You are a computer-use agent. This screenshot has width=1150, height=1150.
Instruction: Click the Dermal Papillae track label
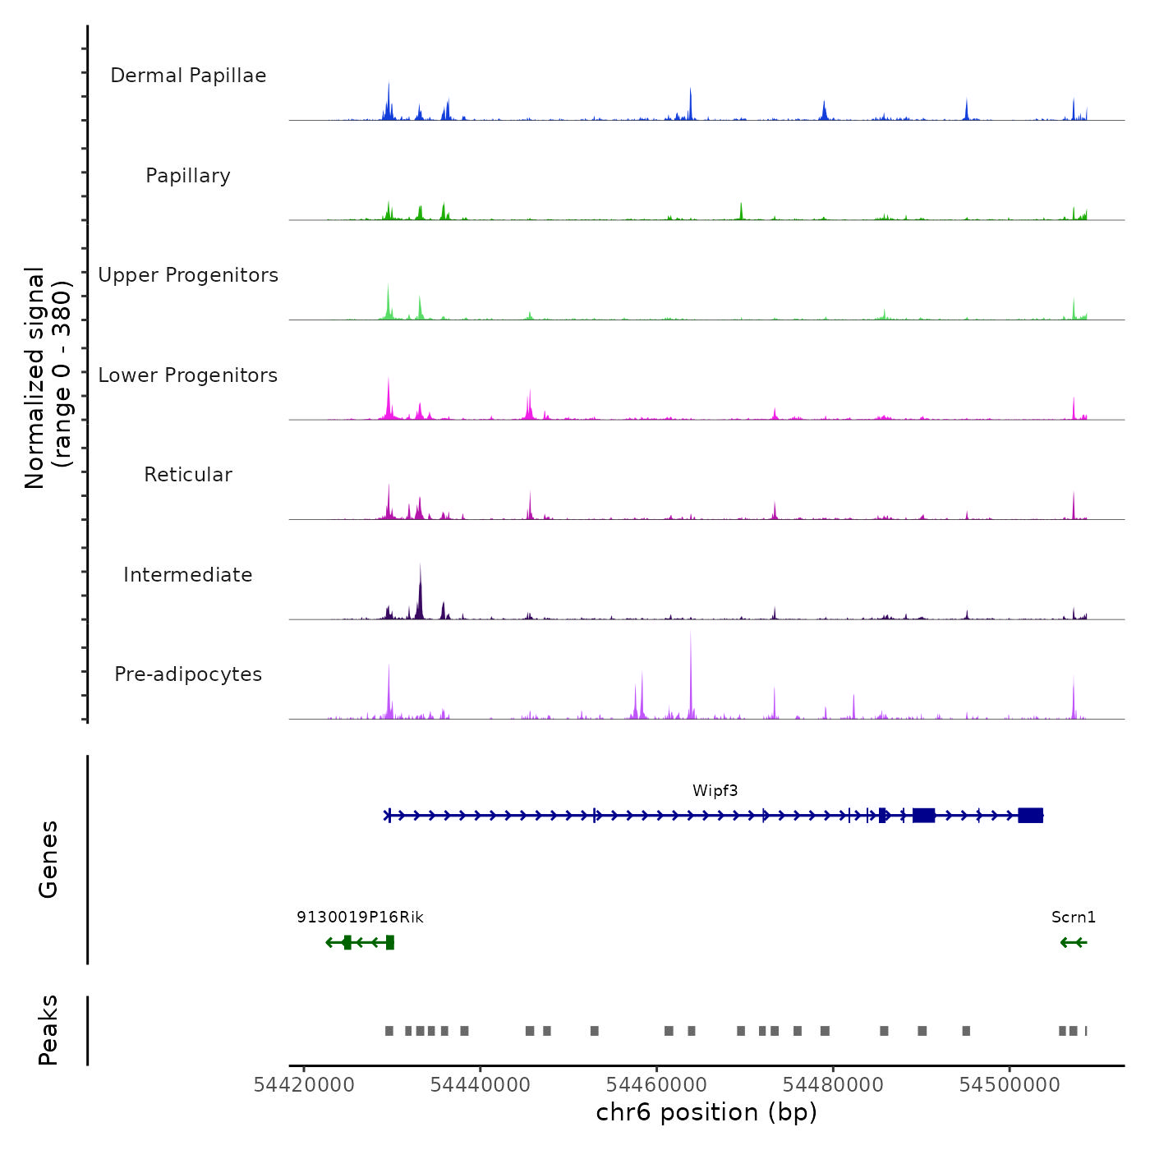click(x=188, y=76)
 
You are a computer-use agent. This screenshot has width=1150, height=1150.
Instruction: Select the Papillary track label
click(x=188, y=176)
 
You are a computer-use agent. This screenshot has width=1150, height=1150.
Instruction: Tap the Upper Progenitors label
click(x=188, y=275)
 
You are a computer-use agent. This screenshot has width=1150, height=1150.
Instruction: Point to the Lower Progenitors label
click(x=188, y=375)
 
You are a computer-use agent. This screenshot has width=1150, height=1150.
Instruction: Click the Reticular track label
click(x=188, y=475)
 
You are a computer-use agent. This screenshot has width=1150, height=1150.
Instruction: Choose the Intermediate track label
click(x=188, y=575)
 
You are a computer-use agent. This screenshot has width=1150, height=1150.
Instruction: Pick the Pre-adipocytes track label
click(x=188, y=674)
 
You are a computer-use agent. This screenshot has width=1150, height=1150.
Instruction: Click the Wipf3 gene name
click(x=715, y=791)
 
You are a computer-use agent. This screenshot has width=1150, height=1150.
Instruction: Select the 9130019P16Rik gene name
click(x=360, y=918)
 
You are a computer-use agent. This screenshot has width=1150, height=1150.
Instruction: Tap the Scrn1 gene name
click(x=1073, y=918)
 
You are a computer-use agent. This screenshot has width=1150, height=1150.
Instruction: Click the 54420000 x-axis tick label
click(x=304, y=1085)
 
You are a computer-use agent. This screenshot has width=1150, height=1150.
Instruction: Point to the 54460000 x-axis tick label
click(x=657, y=1085)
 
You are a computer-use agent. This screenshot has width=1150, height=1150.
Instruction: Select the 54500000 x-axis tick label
click(x=1010, y=1085)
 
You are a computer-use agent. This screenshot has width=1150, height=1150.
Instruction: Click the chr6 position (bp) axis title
click(x=706, y=1112)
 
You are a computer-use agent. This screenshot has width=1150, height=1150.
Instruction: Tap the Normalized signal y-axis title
click(x=48, y=377)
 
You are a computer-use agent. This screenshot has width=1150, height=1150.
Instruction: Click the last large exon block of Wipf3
click(x=1030, y=815)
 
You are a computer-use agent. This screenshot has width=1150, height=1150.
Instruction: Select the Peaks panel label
click(x=48, y=1030)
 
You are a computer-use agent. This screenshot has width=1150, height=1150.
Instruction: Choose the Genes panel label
click(x=48, y=859)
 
